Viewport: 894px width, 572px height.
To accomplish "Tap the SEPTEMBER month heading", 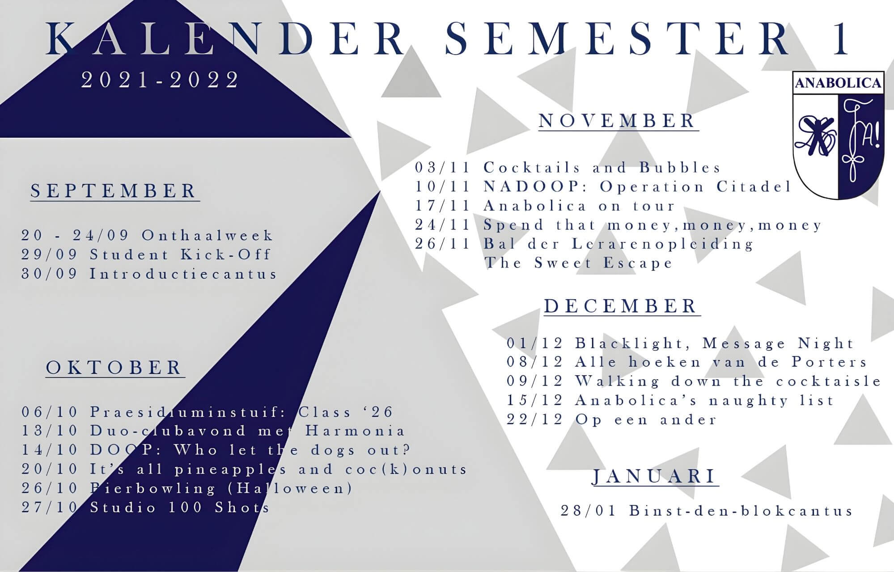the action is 114,191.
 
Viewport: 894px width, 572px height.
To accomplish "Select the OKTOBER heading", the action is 114,368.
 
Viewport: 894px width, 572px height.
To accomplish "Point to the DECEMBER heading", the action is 621,306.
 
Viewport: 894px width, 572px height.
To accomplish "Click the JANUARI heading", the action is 654,476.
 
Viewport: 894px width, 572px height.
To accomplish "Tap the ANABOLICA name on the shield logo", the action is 838,83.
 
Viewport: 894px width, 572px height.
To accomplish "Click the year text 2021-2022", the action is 160,80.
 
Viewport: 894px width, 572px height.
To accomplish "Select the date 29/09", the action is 50,254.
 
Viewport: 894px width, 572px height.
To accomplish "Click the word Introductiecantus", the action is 183,273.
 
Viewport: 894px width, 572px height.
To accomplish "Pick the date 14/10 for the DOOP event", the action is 50,450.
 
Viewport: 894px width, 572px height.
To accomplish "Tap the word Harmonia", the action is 355,431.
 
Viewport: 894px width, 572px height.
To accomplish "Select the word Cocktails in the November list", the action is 532,168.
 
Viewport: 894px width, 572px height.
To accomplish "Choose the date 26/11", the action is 443,244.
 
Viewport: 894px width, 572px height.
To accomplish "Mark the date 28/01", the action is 589,511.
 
